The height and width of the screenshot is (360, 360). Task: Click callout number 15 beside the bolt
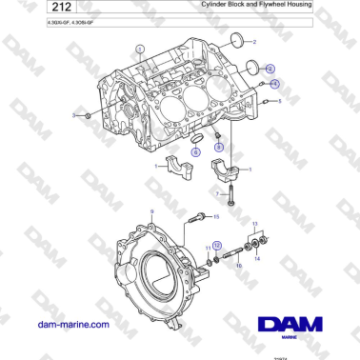[x=216, y=217]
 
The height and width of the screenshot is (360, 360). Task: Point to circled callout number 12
[x=215, y=245]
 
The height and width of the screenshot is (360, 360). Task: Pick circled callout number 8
[x=219, y=149]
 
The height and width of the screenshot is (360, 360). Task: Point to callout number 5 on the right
[x=280, y=101]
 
